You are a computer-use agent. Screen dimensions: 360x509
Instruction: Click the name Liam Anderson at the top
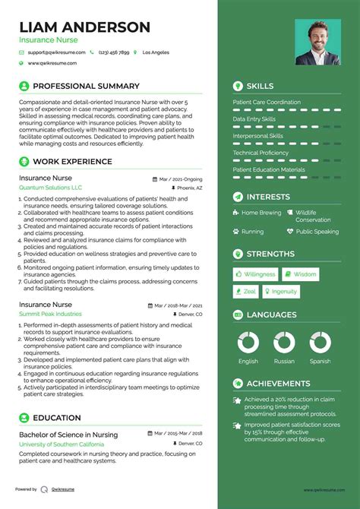(x=85, y=27)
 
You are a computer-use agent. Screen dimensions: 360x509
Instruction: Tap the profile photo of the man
(x=317, y=42)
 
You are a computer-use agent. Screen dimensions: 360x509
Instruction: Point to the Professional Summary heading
(x=86, y=86)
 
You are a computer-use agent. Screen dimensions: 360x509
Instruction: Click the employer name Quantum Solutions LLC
(x=51, y=187)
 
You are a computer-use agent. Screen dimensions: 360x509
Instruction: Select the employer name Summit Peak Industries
(x=50, y=314)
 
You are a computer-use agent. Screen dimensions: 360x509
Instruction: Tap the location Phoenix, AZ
(x=188, y=187)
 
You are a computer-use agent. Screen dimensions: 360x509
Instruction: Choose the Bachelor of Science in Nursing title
(x=69, y=434)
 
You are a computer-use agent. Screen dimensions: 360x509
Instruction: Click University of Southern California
(x=62, y=443)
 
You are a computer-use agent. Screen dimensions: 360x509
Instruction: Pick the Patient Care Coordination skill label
(x=267, y=103)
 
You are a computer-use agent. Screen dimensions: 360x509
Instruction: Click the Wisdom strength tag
(x=301, y=274)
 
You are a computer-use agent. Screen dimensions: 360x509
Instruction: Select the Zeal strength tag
(x=246, y=292)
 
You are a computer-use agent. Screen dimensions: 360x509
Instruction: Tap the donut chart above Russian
(x=284, y=343)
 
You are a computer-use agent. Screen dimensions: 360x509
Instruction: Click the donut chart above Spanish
(x=320, y=343)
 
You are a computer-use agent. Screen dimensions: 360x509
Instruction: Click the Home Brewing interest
(x=261, y=213)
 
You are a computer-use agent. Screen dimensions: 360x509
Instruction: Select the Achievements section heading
(x=278, y=384)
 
